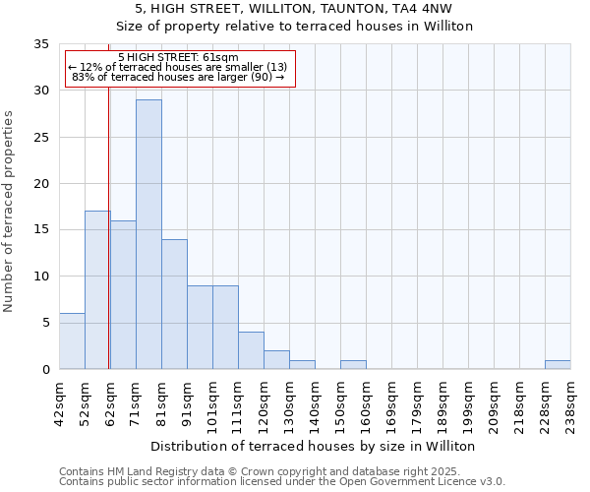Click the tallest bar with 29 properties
(x=148, y=234)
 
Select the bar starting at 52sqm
(x=97, y=289)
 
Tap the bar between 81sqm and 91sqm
(x=174, y=303)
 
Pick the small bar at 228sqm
(x=558, y=364)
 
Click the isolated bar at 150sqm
(x=353, y=364)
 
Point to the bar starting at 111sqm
(x=251, y=350)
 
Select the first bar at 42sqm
(x=72, y=340)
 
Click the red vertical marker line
(x=108, y=246)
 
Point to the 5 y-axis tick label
(x=45, y=323)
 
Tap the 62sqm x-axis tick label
(x=110, y=403)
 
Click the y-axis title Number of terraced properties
(x=9, y=212)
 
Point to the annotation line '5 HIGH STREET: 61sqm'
(x=177, y=58)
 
